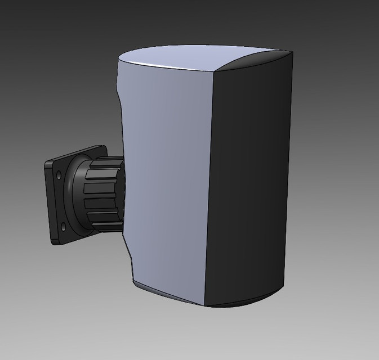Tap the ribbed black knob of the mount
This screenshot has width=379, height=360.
click(105, 194)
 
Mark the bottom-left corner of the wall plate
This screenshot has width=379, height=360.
click(54, 242)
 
